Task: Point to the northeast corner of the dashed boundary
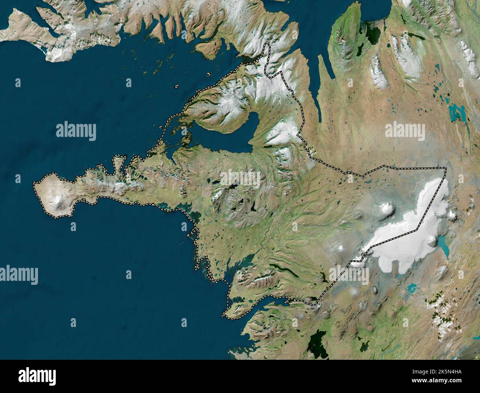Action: [x=446, y=169]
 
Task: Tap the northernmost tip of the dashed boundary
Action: [x=267, y=44]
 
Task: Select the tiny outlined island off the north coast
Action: [x=178, y=87]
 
